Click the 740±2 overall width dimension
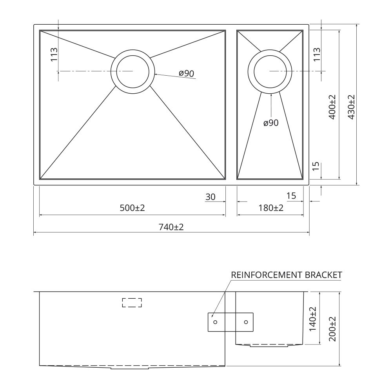tap(171, 227)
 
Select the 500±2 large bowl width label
tap(132, 208)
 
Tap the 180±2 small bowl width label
tap(271, 208)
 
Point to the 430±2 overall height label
tap(351, 107)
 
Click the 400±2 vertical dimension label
tap(332, 107)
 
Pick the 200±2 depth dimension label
tap(332, 329)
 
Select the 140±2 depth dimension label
tap(313, 319)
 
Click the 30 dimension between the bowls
tap(210, 197)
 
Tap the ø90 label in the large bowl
tap(187, 73)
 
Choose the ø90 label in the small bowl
tap(271, 123)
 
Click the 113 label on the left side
tap(54, 54)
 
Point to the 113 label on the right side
tap(316, 54)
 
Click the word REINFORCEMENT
tap(267, 275)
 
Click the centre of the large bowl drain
tap(132, 71)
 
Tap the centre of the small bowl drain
tap(270, 71)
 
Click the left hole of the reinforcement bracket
tap(215, 322)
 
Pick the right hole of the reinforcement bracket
tap(246, 322)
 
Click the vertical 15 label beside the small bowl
tap(316, 166)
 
